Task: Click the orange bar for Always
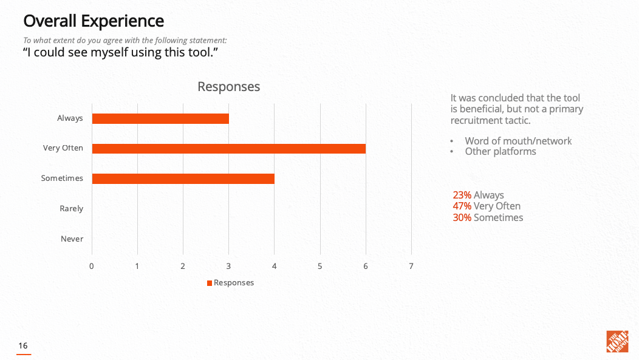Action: (160, 118)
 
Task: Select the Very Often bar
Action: (228, 148)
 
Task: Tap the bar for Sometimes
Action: (183, 178)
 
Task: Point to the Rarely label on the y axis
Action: (71, 209)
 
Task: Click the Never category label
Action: (72, 239)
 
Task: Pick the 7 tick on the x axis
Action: (411, 266)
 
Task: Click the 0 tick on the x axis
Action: (92, 266)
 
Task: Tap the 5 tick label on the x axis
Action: (320, 266)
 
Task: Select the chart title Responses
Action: (228, 87)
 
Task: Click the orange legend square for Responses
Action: (210, 283)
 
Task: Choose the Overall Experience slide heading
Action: (94, 21)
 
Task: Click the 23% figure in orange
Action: (462, 195)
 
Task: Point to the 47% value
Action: (462, 206)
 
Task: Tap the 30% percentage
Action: (462, 217)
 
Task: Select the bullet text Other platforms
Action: (501, 152)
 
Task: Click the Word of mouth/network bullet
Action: (518, 141)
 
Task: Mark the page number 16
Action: (23, 346)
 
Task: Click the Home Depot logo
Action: (617, 341)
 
